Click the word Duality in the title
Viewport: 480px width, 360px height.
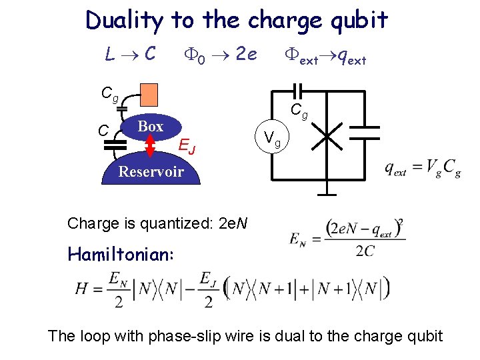123,21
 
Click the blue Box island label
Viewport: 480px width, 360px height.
150,127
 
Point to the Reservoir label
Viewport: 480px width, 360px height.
151,171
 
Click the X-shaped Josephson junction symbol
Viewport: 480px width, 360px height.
327,138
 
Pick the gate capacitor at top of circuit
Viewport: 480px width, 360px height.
298,89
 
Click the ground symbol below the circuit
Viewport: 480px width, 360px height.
327,195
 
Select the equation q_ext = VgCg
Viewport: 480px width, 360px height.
422,171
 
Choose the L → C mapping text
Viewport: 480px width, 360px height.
131,53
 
